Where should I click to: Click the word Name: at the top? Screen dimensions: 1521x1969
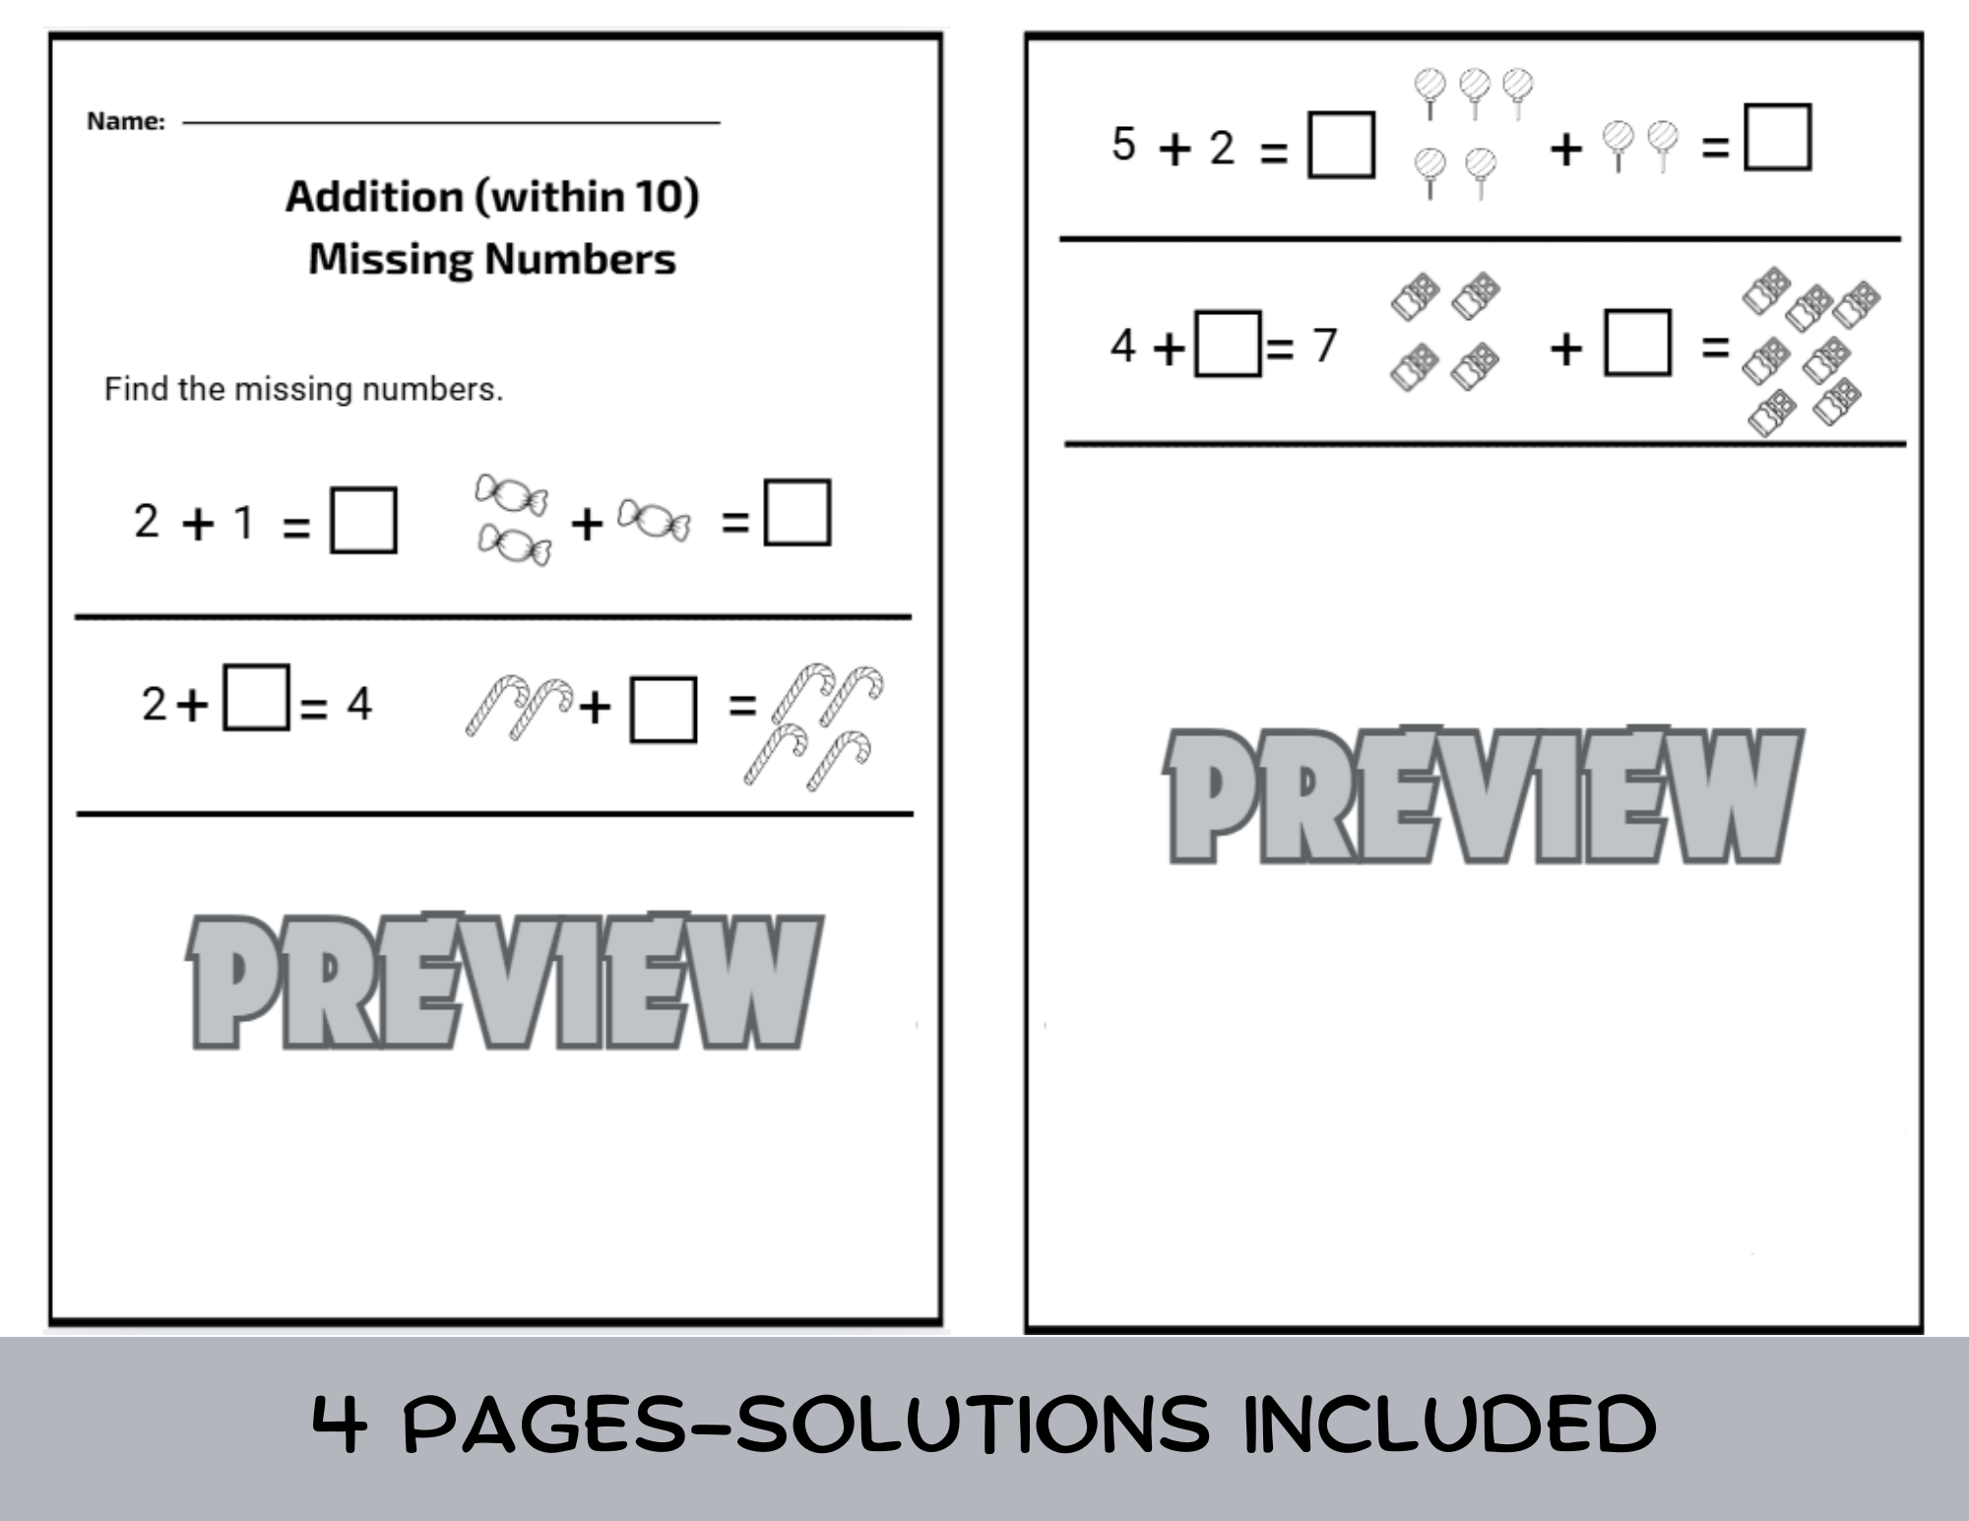pos(125,121)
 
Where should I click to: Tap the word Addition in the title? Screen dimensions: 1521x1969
pos(374,196)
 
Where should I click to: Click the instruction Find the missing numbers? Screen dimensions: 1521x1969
pos(303,389)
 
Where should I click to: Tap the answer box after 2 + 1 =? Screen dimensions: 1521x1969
pos(363,520)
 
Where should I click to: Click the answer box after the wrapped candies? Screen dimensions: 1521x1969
pos(797,512)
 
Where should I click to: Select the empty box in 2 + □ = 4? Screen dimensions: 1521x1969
pos(256,697)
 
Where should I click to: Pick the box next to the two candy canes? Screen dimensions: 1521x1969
pos(663,709)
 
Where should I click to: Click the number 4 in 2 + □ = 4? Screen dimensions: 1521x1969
pos(359,704)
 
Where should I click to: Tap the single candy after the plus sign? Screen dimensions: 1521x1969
pos(654,519)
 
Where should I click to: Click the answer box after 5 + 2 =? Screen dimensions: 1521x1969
pos(1341,145)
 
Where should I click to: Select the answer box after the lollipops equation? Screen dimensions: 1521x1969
pos(1777,138)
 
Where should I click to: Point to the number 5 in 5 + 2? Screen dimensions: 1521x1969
pos(1123,144)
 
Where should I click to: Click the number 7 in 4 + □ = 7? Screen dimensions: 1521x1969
pos(1325,345)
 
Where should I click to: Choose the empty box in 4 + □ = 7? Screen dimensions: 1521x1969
pos(1227,344)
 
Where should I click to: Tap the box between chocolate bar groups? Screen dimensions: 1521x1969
pos(1637,343)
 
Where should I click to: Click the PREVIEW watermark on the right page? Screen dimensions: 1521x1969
pos(1483,795)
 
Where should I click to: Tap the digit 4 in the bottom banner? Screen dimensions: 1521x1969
pos(341,1424)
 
